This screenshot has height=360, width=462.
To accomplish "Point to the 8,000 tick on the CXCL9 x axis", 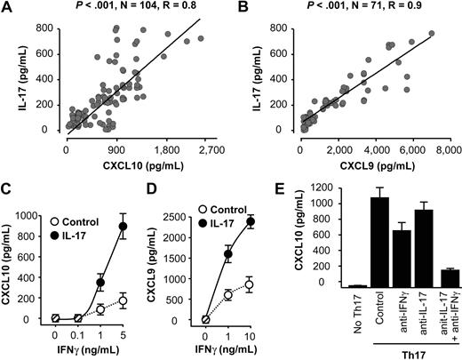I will pyautogui.click(x=442, y=140).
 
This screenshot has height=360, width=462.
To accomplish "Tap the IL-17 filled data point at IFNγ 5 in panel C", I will pyautogui.click(x=124, y=226).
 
